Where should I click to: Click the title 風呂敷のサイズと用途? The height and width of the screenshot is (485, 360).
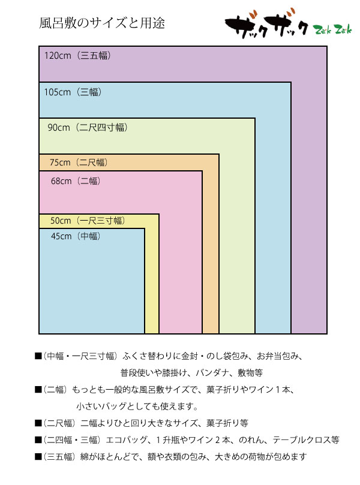(102, 23)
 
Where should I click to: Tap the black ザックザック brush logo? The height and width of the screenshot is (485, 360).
(266, 25)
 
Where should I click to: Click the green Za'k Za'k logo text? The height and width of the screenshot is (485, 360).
(332, 30)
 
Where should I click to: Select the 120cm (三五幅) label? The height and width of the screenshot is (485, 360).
(77, 56)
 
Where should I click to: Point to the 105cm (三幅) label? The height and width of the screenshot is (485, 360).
(73, 92)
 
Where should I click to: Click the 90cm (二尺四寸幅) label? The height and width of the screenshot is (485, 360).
(88, 128)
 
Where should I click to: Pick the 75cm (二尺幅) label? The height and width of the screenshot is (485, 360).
(79, 162)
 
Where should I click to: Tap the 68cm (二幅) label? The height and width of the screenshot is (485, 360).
(76, 181)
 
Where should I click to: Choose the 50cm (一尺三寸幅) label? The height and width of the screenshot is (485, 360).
(88, 221)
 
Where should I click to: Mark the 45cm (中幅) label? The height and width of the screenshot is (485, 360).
(76, 236)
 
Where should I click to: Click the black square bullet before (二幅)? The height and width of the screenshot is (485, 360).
(38, 390)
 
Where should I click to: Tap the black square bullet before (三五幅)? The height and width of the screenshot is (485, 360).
(38, 457)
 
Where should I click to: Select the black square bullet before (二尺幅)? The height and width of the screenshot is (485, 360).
(38, 423)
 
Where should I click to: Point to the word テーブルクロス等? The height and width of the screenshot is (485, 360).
(306, 440)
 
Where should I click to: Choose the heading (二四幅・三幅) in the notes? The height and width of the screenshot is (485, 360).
(72, 440)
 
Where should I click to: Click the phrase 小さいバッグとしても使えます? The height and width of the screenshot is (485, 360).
(135, 406)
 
